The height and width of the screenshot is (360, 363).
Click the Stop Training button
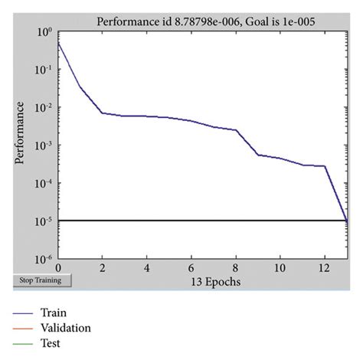pyautogui.click(x=43, y=280)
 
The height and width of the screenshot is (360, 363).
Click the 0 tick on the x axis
pyautogui.click(x=58, y=268)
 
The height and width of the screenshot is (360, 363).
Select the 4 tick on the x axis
pyautogui.click(x=147, y=268)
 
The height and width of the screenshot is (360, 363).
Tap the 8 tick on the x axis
pyautogui.click(x=236, y=268)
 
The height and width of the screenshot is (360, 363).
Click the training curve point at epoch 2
pyautogui.click(x=103, y=113)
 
